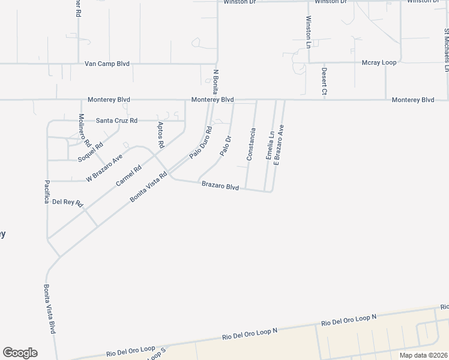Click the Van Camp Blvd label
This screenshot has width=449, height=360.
tap(107, 64)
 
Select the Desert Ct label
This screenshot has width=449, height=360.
tap(324, 81)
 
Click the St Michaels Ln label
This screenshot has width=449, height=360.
tap(447, 47)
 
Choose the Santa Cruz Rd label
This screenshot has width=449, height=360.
tap(116, 121)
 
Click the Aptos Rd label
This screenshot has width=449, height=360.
tap(160, 135)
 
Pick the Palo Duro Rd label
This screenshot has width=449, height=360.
tap(201, 142)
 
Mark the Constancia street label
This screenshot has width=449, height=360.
tap(252, 144)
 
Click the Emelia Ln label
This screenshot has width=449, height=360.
tap(270, 145)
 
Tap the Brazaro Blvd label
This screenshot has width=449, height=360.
tap(220, 187)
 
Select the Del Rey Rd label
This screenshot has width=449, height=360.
tap(67, 202)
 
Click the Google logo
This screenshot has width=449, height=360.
tap(20, 353)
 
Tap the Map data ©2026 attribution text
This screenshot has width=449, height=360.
tap(423, 355)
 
